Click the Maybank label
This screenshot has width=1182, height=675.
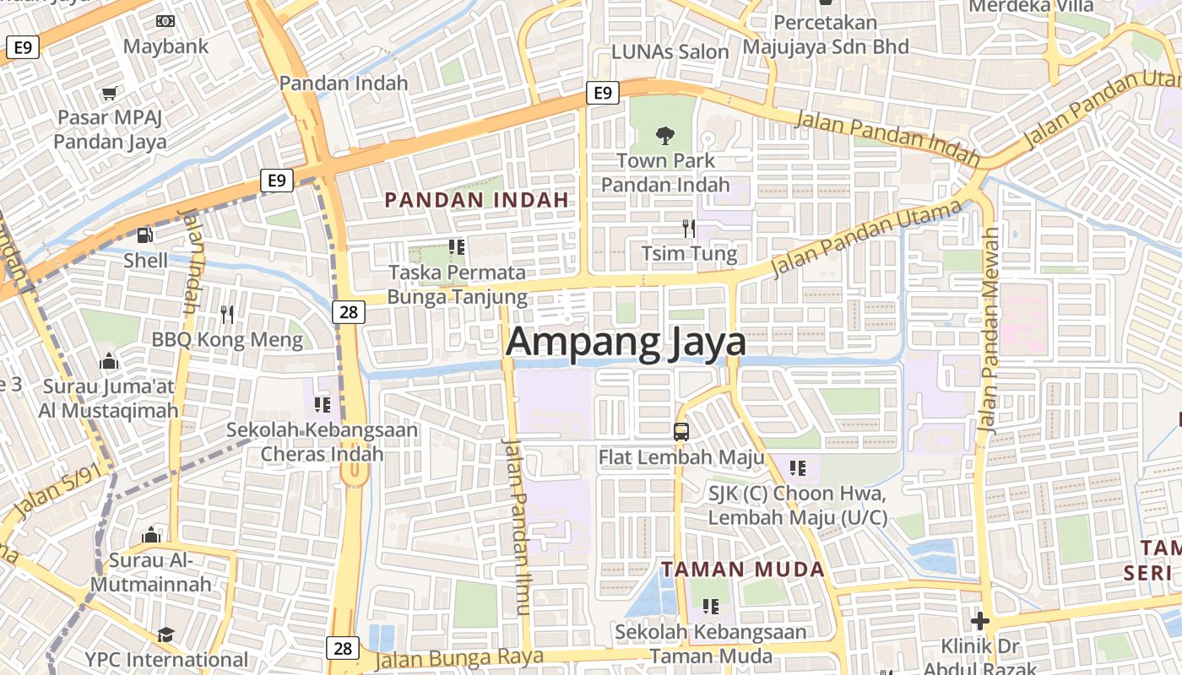point(165,46)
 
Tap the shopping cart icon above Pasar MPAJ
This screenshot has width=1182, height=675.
point(109,93)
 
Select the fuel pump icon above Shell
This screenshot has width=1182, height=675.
point(145,235)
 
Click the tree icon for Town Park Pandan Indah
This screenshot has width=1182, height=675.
point(665,134)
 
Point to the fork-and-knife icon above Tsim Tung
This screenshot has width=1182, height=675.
point(689,228)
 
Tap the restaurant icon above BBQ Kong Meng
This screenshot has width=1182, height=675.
point(226,315)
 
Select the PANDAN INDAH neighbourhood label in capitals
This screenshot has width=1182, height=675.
point(476,201)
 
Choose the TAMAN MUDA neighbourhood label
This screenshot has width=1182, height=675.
point(742,570)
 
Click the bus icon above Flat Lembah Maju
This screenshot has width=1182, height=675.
point(681,432)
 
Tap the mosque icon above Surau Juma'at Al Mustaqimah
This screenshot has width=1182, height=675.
point(109,362)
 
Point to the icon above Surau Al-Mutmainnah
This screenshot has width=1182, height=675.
point(151,535)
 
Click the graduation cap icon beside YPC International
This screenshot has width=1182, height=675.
point(165,634)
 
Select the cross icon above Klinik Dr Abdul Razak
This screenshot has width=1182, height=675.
point(979,622)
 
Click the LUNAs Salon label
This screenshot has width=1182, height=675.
point(670,51)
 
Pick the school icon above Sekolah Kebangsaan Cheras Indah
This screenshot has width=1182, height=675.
point(322,405)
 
